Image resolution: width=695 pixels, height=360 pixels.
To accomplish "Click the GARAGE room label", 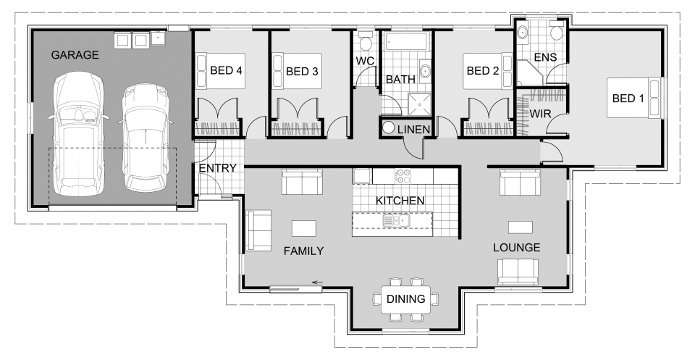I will tap(75, 55).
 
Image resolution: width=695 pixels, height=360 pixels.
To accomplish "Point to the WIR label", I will tap(541, 114).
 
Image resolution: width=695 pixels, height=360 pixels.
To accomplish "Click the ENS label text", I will tap(544, 56).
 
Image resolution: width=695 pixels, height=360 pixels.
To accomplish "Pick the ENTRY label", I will tap(217, 168).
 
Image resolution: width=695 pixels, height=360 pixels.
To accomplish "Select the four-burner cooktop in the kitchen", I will tap(402, 175).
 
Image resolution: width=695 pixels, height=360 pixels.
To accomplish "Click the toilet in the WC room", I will tap(364, 38).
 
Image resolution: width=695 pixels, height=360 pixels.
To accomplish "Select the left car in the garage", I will tap(77, 138).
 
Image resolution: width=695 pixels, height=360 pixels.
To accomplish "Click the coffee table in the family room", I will tap(303, 228).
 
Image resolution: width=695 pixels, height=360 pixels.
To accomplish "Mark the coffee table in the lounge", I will tap(520, 227).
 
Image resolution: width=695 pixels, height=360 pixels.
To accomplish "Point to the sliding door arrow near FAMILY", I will tap(316, 283).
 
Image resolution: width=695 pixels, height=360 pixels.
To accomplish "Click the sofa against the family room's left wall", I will tap(258, 230).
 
